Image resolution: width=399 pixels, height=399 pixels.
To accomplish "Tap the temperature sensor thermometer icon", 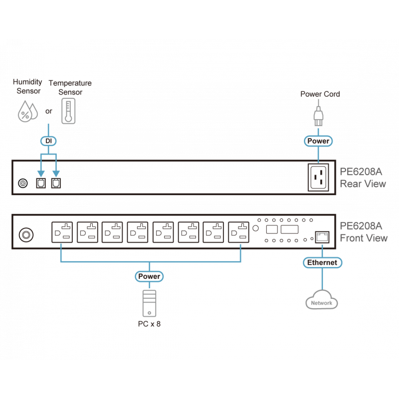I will [67, 110].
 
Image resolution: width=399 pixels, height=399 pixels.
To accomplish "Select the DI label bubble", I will [48, 142].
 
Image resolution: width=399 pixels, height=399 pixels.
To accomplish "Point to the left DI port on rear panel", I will [40, 183].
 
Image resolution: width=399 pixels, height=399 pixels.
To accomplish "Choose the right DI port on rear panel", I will [56, 183].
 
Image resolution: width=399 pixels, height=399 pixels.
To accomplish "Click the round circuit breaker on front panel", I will [25, 234].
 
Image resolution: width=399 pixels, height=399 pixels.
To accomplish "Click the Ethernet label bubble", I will [321, 262].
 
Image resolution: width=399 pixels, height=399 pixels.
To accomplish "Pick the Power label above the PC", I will [149, 276].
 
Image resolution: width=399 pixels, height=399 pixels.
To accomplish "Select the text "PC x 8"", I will [149, 325].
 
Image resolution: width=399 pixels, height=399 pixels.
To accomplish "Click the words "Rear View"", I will [363, 184].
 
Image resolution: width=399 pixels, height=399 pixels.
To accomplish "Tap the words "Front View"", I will [363, 238].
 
